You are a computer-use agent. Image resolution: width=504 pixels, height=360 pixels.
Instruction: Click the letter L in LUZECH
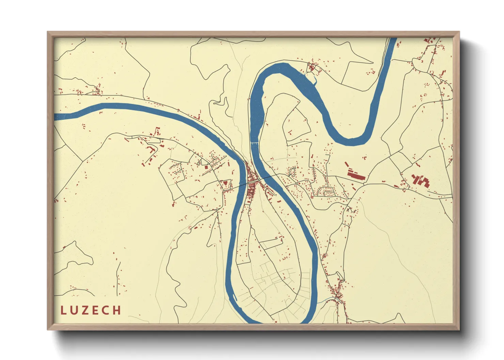pyautogui.click(x=63, y=310)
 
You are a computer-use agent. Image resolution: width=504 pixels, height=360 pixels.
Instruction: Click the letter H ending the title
pyautogui.click(x=117, y=310)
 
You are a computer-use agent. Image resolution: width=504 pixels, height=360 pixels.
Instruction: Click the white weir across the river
pyautogui.click(x=255, y=143)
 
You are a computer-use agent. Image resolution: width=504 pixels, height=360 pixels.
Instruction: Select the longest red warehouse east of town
pyautogui.click(x=356, y=176)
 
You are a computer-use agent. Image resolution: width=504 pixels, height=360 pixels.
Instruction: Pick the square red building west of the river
pyautogui.click(x=206, y=167)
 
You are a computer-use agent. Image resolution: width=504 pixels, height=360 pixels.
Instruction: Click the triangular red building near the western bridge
pyautogui.click(x=225, y=184)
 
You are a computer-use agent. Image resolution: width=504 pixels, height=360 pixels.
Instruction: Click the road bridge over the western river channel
pyautogui.click(x=242, y=184)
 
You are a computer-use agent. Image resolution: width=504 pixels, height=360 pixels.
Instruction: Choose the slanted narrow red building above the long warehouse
pyautogui.click(x=347, y=164)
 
